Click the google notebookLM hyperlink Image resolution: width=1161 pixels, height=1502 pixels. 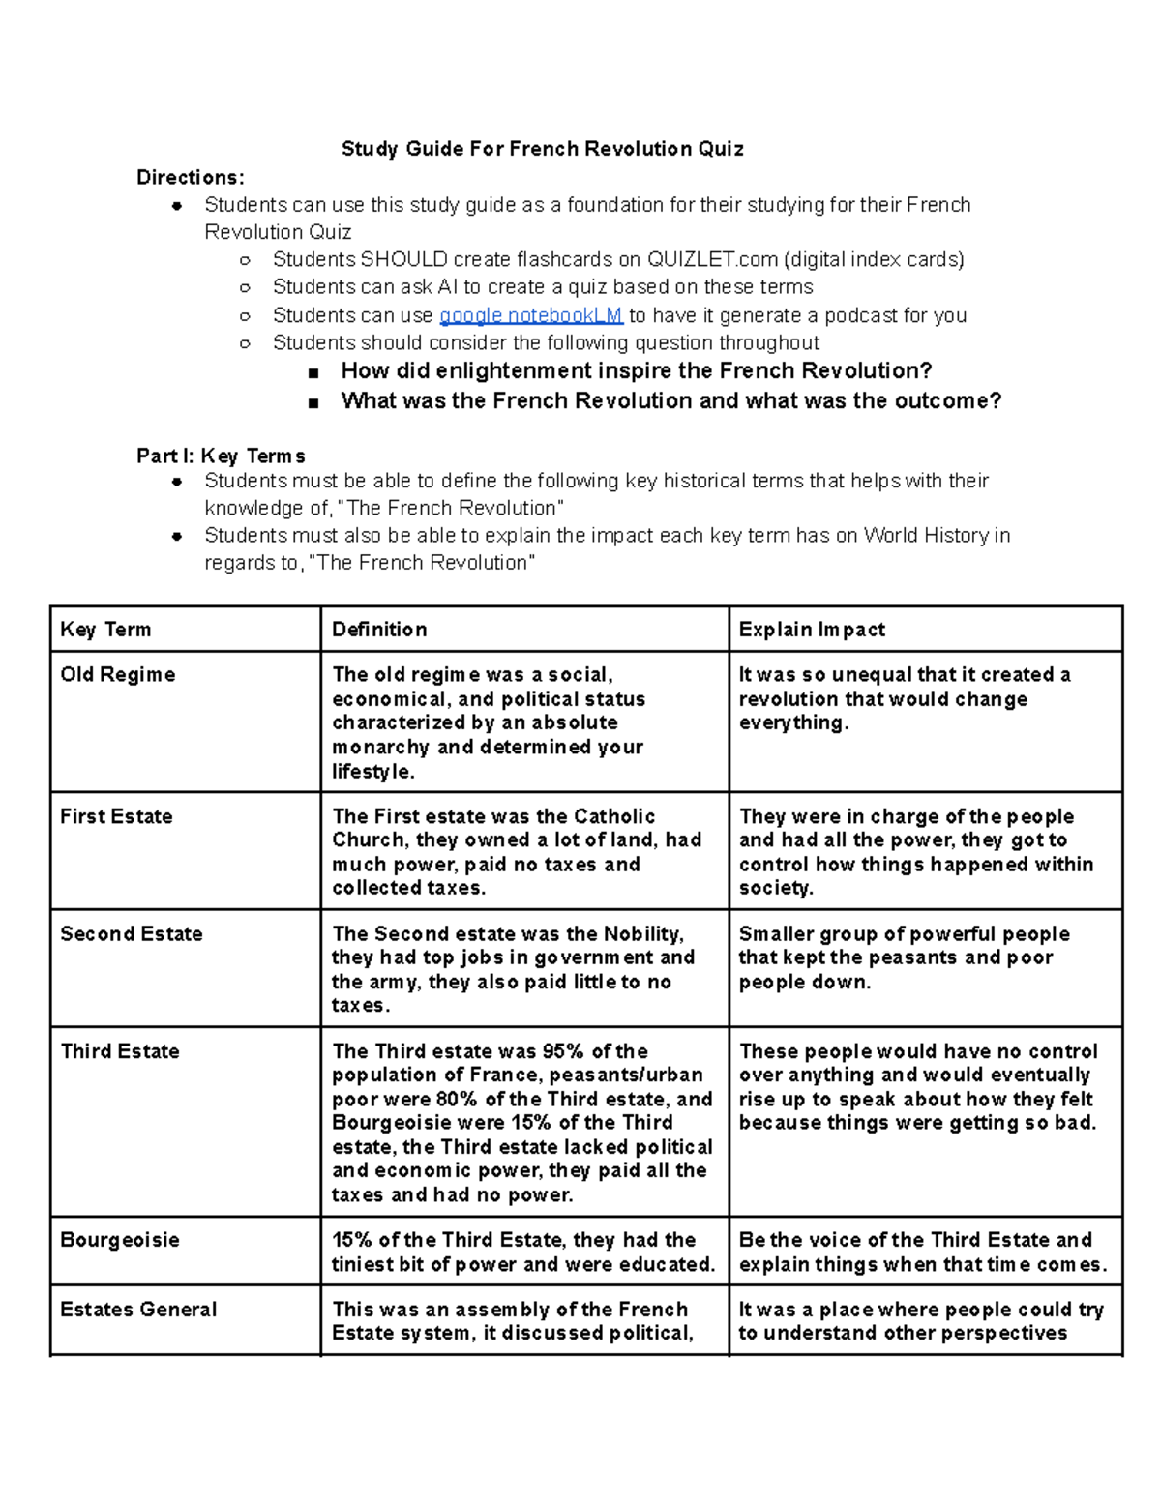pos(530,315)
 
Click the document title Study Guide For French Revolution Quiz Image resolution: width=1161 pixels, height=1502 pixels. pos(542,149)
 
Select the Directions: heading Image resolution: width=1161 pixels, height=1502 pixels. pos(190,177)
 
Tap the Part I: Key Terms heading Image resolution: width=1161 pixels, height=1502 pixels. pos(221,456)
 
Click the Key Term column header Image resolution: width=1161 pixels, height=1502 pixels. pos(105,630)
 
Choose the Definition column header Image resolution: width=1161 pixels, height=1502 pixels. pos(379,630)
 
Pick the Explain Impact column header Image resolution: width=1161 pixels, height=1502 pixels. pos(812,630)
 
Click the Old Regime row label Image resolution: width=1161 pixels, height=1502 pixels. pos(117,675)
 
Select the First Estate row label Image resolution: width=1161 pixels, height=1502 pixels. pos(116,816)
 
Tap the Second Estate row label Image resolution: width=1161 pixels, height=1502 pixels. pos(132,934)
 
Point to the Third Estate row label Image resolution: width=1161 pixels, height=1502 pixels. pos(120,1051)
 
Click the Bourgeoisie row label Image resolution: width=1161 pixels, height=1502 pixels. pos(120,1240)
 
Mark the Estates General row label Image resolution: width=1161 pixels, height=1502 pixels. pos(138,1310)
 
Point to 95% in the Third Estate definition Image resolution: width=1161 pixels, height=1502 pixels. pos(563,1051)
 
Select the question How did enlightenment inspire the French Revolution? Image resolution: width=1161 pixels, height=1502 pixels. pos(637,371)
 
